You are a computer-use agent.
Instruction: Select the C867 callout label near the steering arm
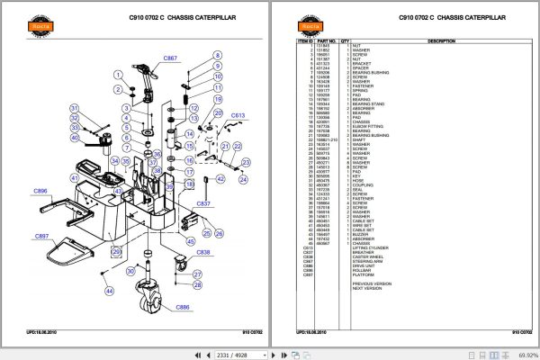coord(171,58)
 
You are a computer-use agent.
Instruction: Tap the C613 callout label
coord(238,115)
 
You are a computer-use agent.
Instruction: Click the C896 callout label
coord(40,192)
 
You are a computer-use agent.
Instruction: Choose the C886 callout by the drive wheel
coord(183,308)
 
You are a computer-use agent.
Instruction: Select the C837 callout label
coord(203,203)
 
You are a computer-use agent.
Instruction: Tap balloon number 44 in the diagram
coord(108,292)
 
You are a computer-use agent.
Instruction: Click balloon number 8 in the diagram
coord(217,56)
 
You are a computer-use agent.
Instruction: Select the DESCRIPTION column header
coord(441,40)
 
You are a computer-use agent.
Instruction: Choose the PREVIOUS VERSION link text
coord(373,283)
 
